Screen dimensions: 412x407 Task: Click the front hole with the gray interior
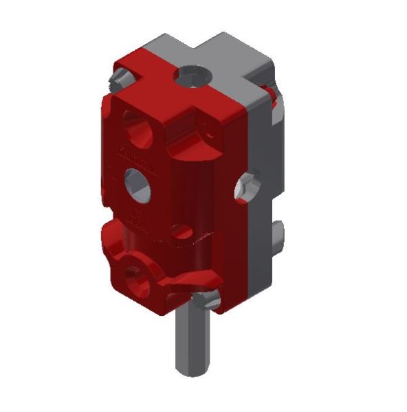tap(137, 183)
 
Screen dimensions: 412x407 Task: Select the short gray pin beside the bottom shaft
tap(204, 300)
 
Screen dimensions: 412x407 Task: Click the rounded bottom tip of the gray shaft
tap(190, 371)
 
